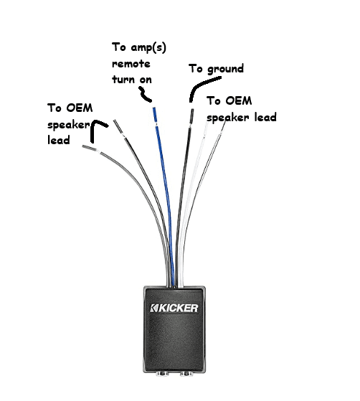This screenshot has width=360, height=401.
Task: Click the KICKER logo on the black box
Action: (174, 308)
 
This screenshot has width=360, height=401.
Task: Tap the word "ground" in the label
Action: (225, 70)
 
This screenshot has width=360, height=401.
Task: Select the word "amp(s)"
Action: (148, 47)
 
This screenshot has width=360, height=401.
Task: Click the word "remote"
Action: (131, 64)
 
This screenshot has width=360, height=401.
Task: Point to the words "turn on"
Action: (132, 80)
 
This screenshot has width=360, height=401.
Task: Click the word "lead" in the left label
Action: (59, 140)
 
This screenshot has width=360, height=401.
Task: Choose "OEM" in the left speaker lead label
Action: (80, 108)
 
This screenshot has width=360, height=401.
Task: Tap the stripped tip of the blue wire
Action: (155, 114)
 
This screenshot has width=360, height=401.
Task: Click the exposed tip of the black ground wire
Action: (191, 116)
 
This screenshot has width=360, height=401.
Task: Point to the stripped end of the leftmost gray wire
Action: (88, 148)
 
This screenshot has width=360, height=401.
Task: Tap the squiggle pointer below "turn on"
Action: (145, 95)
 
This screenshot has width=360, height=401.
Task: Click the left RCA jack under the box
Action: (163, 374)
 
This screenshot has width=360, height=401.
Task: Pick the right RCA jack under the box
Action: (186, 374)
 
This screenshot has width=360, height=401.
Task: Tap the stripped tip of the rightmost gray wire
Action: (223, 127)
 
